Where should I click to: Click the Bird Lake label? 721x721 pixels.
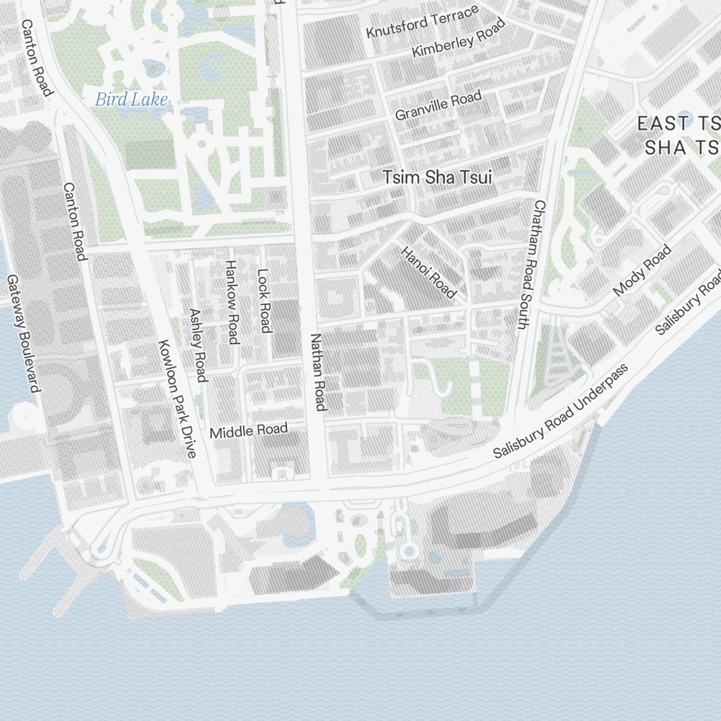coord(131,99)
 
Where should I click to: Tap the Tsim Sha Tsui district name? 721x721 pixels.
coord(437,177)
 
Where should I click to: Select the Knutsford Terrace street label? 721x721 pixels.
coord(423,22)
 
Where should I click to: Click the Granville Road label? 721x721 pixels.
coord(438,106)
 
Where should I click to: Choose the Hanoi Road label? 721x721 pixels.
coord(429,273)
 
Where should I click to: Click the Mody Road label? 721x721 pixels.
coord(642,270)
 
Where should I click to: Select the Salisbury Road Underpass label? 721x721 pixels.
coord(561,411)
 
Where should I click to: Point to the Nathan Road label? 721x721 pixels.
coord(318,372)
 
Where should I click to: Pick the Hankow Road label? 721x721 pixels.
coord(231,302)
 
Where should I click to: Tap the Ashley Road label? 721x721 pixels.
coord(198,345)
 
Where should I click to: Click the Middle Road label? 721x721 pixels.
coord(249,431)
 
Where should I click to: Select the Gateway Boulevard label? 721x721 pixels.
coord(23,334)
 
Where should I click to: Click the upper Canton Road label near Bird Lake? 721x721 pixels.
coord(37,58)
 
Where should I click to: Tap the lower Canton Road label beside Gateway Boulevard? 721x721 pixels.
coord(75,221)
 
